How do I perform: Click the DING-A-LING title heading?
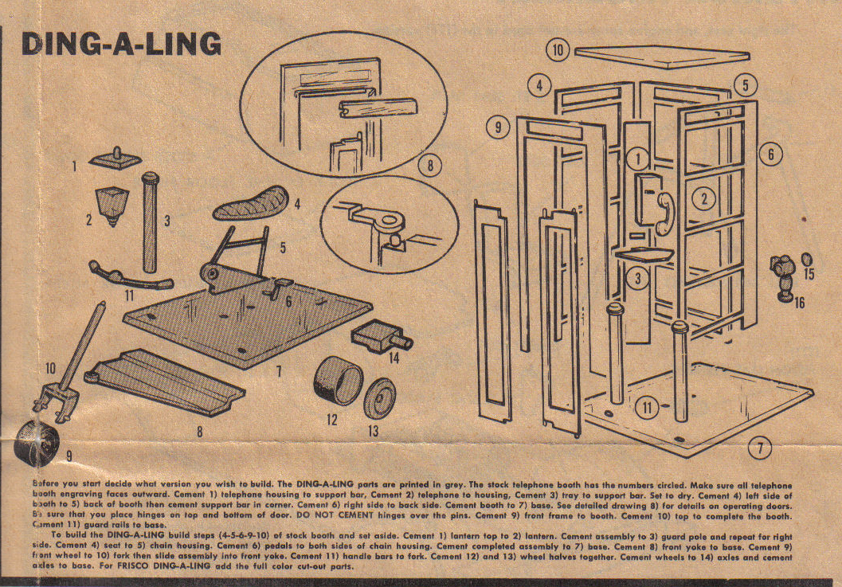click(120, 44)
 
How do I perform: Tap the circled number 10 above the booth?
click(558, 50)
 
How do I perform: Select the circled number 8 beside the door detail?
click(429, 166)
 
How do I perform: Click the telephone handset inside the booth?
click(663, 209)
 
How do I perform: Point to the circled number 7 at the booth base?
click(762, 448)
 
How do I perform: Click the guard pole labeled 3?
click(148, 223)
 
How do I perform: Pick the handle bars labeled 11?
click(131, 276)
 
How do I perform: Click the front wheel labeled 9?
click(33, 439)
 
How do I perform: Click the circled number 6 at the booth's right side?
click(770, 155)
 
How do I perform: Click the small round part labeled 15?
click(807, 260)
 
